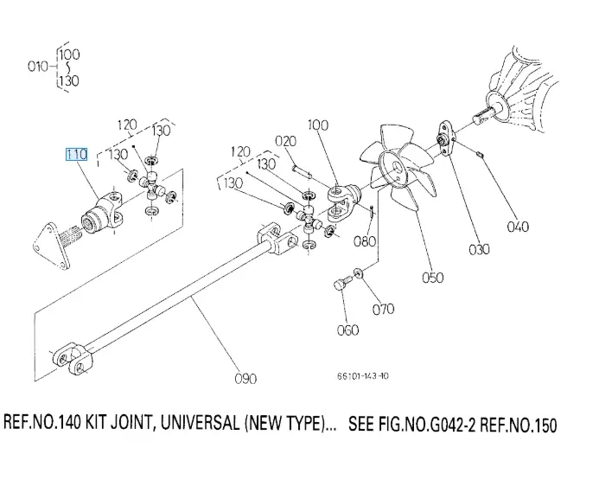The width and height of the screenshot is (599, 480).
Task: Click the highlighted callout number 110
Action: [77, 155]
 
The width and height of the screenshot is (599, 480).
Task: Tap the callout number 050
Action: [432, 277]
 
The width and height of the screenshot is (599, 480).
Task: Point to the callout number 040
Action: [518, 227]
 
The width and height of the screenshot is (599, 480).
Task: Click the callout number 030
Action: [479, 250]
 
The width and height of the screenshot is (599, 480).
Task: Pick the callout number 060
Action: [347, 330]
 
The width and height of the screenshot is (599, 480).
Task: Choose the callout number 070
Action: [383, 308]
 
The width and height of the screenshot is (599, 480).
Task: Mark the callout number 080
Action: [365, 241]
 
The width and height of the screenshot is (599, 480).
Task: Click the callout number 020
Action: [285, 141]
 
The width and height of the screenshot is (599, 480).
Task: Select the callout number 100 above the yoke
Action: [318, 125]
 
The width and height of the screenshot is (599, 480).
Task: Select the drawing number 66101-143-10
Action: [363, 376]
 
